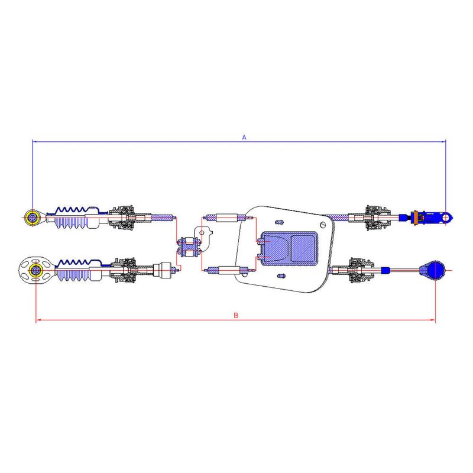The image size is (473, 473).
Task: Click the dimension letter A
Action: pyautogui.click(x=244, y=137)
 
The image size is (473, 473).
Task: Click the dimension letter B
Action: pyautogui.click(x=236, y=316)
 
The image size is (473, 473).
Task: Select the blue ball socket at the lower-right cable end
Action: pyautogui.click(x=436, y=270)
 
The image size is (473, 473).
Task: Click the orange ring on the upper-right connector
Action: pyautogui.click(x=416, y=218)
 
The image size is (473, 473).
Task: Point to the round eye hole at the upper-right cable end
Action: pyautogui.click(x=446, y=218)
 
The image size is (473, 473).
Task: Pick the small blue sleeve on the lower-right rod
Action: pyautogui.click(x=385, y=270)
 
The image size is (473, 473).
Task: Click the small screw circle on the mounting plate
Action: pyautogui.click(x=323, y=225)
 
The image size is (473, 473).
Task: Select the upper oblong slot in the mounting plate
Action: pyautogui.click(x=280, y=222)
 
